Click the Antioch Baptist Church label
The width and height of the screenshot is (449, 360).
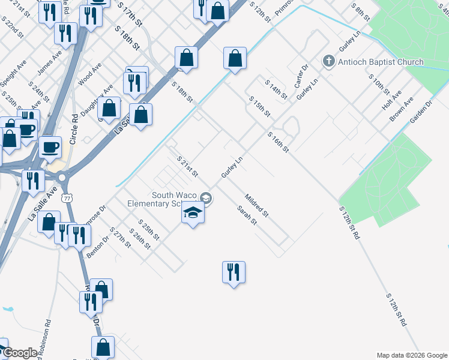coord(381,62)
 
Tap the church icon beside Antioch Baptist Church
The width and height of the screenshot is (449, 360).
coord(328,61)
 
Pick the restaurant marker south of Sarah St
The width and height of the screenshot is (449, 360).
coord(234,272)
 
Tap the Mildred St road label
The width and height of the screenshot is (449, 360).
coord(256,205)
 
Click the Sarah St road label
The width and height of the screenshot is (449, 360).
coord(247,215)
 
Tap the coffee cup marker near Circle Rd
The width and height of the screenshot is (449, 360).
coord(50,146)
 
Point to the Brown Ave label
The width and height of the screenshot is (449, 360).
coord(400,110)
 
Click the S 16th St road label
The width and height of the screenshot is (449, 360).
coord(279,142)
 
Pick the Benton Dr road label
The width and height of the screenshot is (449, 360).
coord(98,247)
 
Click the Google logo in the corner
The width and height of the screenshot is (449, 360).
coord(19,353)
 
